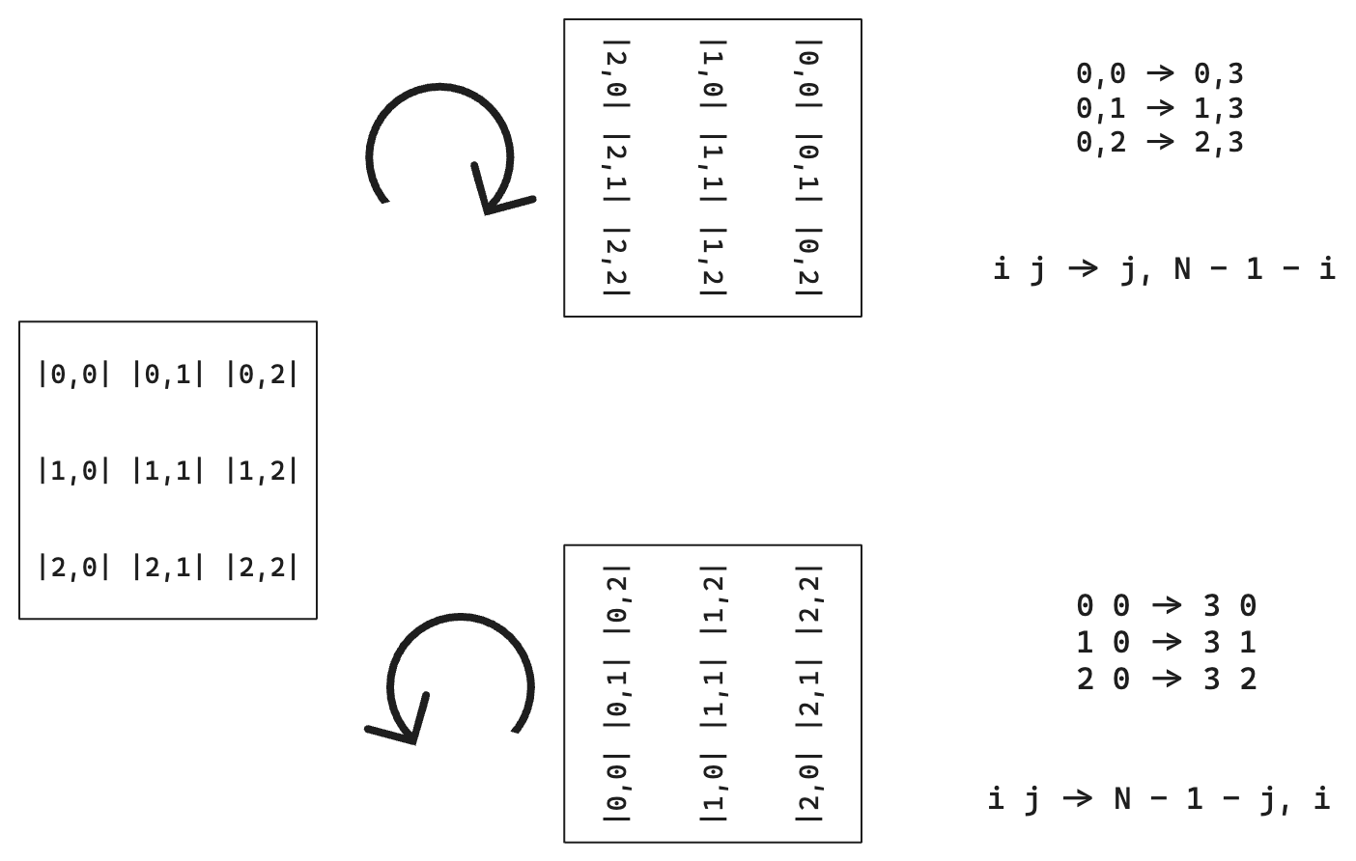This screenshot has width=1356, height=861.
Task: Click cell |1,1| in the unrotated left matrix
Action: click(x=168, y=471)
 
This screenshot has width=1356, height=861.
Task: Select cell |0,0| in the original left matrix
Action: click(x=74, y=374)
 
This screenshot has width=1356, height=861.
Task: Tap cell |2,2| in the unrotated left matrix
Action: click(x=262, y=568)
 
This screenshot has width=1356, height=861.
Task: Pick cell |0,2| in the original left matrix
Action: click(x=262, y=374)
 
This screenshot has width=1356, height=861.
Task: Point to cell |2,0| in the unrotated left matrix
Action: click(x=74, y=568)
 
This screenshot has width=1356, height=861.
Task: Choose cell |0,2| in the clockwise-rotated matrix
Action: click(x=809, y=260)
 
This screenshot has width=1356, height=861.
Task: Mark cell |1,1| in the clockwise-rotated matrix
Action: click(x=713, y=166)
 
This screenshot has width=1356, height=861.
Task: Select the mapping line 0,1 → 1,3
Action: click(x=1160, y=107)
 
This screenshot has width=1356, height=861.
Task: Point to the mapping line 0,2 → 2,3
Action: click(x=1160, y=142)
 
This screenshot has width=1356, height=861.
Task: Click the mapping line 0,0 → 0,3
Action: click(x=1160, y=72)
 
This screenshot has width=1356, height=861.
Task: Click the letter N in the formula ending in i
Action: click(x=1121, y=798)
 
